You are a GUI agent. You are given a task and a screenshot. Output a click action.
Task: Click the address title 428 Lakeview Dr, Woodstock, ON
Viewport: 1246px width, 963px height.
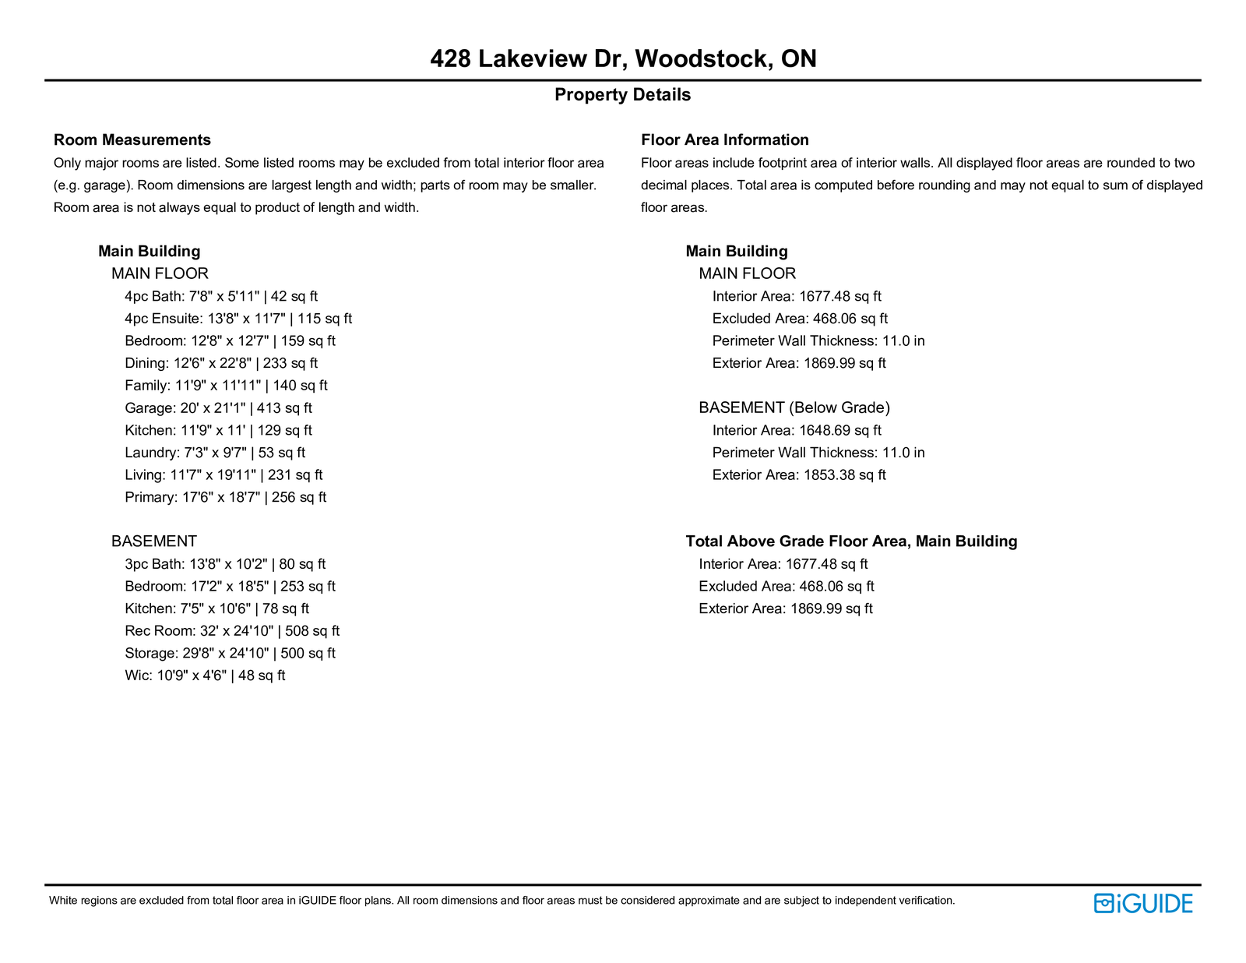[x=623, y=59]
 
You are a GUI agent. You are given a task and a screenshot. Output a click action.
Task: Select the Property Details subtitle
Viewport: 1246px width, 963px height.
[x=622, y=95]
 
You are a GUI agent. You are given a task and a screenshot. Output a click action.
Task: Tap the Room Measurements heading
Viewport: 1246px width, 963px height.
[x=132, y=140]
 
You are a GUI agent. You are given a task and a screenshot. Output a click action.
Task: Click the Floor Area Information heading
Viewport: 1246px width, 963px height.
[x=724, y=140]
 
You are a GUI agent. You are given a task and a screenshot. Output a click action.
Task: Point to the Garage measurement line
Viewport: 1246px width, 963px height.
[x=218, y=408]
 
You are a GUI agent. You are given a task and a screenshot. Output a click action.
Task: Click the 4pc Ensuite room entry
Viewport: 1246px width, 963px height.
[x=238, y=319]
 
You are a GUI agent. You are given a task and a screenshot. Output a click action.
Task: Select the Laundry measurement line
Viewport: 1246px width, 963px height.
[x=215, y=453]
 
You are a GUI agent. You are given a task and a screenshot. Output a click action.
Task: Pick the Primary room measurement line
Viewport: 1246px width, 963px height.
[x=225, y=497]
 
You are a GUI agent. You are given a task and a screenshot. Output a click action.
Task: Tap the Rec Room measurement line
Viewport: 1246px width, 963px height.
[x=232, y=631]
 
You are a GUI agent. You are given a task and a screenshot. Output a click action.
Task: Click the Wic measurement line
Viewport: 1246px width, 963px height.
[x=205, y=676]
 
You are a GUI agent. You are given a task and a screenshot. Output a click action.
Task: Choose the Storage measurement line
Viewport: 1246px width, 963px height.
[x=230, y=654]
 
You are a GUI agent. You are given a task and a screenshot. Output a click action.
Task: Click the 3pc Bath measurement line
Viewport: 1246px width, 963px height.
[x=225, y=564]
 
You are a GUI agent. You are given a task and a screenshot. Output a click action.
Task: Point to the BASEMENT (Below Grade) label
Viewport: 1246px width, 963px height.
[x=794, y=407]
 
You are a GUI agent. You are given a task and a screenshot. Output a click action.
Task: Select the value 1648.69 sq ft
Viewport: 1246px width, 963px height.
[x=840, y=430]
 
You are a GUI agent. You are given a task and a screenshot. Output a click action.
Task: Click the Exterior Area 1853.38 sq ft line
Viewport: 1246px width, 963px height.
[x=799, y=475]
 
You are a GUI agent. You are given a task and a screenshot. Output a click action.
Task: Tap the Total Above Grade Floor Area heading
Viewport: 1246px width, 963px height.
[x=851, y=541]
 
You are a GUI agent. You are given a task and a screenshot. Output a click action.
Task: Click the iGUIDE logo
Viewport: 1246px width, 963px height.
[x=1143, y=904]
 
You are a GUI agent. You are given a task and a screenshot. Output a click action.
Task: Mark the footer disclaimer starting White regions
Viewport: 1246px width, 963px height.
[x=502, y=901]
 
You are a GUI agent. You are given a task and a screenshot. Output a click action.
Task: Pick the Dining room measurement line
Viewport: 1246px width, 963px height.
[x=221, y=363]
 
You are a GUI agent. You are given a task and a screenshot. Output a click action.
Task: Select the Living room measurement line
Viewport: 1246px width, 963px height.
[x=224, y=475]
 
